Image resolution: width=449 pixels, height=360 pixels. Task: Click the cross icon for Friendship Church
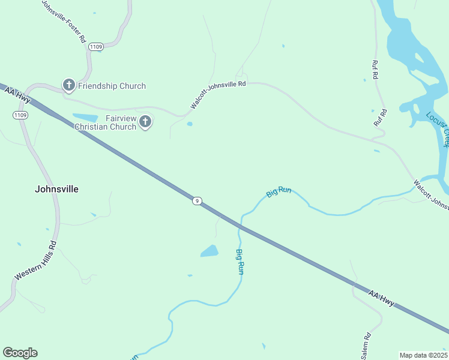point(69,86)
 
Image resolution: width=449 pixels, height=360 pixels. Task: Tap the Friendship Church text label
point(112,86)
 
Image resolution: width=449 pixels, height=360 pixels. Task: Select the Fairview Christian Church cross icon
point(145,122)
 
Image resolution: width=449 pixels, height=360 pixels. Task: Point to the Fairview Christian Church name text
point(105,122)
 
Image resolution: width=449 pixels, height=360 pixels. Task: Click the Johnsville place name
point(56,188)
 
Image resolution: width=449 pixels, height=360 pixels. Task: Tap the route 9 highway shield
point(197,200)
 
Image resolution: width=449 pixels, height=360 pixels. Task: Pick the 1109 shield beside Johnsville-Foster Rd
point(95,46)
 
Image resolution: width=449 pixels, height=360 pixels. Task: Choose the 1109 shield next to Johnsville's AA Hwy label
point(20,115)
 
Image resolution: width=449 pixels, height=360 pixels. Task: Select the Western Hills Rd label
point(35,260)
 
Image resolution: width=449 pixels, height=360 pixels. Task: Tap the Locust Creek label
point(436,130)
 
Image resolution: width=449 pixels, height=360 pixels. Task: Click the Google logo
point(20,353)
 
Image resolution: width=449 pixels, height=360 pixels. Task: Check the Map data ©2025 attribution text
point(423,355)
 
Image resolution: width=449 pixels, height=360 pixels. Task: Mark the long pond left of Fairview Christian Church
point(85,117)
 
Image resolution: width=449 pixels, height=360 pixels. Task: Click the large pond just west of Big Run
point(209,251)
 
